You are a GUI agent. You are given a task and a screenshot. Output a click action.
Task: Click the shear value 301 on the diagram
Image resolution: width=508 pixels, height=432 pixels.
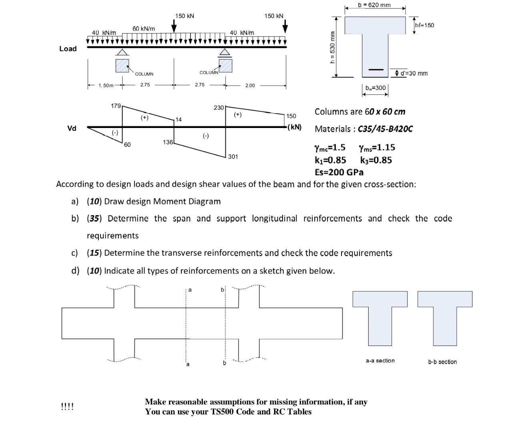233,156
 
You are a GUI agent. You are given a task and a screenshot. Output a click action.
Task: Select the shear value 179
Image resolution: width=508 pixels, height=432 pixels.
115,106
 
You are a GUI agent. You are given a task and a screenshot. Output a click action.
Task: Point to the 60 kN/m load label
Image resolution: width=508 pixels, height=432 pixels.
144,29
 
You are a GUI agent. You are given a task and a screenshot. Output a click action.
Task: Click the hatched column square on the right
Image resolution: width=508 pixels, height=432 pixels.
225,65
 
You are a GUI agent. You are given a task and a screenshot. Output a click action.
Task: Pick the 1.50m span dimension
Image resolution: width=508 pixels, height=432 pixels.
106,85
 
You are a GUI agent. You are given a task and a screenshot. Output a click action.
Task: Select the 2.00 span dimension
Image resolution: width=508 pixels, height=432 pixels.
250,85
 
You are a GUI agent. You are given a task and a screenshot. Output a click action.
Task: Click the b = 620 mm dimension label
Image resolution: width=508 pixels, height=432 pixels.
374,5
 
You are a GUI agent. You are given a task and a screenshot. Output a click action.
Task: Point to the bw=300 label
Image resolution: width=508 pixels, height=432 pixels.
375,88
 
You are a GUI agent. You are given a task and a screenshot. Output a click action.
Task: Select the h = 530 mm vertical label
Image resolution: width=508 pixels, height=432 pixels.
332,47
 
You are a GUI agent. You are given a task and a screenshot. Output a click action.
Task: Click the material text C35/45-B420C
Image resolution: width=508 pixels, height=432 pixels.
385,129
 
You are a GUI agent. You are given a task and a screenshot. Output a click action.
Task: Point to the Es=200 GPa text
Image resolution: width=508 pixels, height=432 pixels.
339,172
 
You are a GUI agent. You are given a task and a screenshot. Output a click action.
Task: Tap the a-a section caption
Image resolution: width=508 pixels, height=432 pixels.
380,361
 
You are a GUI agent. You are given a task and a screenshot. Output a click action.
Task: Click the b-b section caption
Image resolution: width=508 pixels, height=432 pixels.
442,362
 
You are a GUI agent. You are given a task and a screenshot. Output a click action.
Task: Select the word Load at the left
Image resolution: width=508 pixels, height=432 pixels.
68,48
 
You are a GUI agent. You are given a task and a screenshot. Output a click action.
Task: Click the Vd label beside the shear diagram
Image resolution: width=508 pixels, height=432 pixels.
71,128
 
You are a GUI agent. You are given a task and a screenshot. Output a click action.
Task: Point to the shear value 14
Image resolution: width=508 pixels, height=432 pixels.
179,120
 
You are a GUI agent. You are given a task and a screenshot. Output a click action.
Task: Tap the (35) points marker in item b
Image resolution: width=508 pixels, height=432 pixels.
94,218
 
